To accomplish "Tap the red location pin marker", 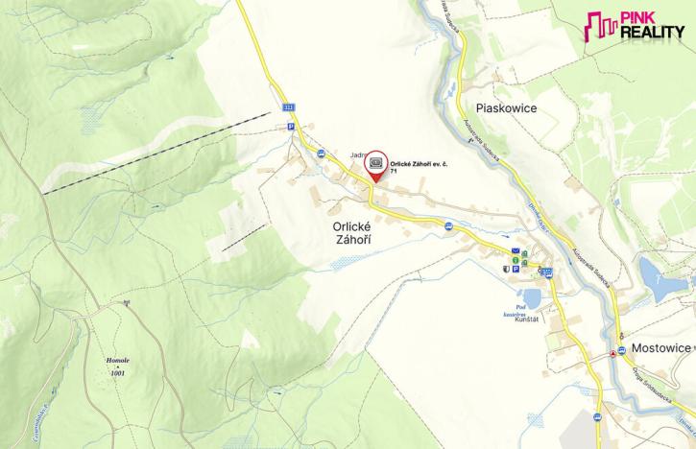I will pos(376,166).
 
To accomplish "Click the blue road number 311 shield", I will pos(290,109).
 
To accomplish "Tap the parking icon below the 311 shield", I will pos(290,125).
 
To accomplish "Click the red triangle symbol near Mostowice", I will pos(613,353).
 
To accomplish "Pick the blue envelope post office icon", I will pos(515,251).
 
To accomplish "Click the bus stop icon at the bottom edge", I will pos(596,416).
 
